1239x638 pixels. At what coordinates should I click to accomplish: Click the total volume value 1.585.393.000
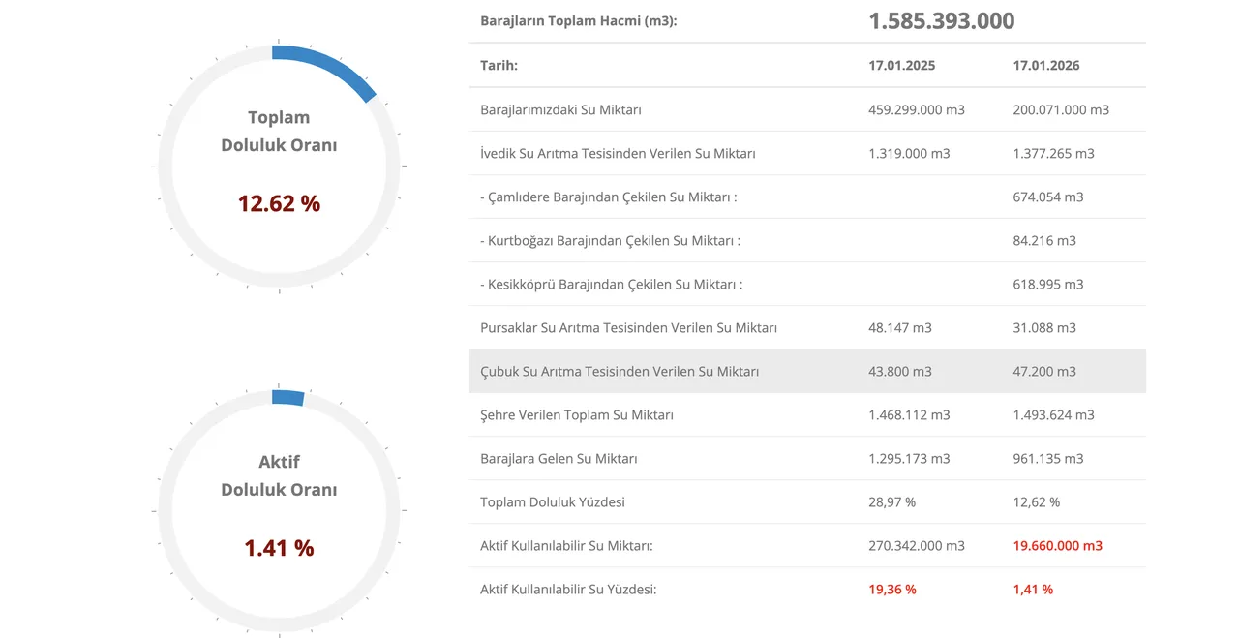(941, 21)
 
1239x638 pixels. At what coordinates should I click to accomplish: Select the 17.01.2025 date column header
(902, 66)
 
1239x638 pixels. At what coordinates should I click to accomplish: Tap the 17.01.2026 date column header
(1046, 66)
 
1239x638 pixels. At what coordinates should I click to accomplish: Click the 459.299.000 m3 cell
(917, 109)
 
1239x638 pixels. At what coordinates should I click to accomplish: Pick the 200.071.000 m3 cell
(1061, 109)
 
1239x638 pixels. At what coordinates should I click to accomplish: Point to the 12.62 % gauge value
(279, 203)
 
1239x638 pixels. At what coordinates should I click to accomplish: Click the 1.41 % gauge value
(279, 548)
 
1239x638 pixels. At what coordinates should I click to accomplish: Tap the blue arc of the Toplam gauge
(329, 66)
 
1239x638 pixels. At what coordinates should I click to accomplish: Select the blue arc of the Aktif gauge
(288, 397)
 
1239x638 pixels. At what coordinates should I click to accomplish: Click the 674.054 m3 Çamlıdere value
(1048, 197)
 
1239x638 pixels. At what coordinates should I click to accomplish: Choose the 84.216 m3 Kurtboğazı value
(1044, 240)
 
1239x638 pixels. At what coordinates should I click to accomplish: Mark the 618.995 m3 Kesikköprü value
(1048, 284)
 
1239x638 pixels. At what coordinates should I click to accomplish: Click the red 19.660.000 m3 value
(1058, 545)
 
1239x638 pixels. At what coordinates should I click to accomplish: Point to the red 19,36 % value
(892, 589)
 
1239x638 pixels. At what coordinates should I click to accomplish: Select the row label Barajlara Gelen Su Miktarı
(559, 458)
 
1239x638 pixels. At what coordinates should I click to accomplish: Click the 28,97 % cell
(892, 501)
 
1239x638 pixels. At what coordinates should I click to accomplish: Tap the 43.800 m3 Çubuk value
(900, 371)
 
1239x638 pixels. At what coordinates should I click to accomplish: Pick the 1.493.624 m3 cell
(1053, 414)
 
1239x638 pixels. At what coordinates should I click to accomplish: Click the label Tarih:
(499, 66)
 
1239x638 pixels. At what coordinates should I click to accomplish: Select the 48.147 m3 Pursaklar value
(900, 327)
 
